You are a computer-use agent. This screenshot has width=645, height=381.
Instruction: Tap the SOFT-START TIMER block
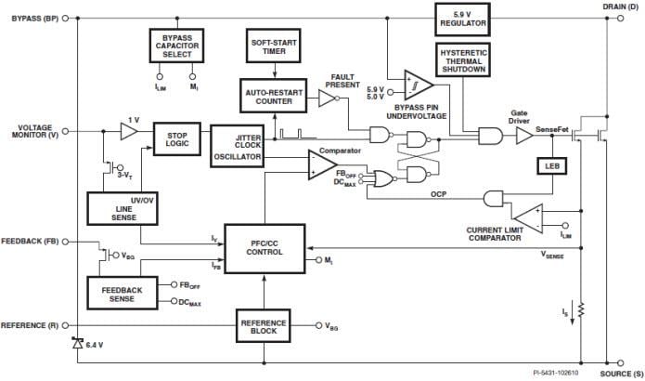pos(272,44)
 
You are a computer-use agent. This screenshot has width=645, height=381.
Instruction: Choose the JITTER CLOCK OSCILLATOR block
pos(236,146)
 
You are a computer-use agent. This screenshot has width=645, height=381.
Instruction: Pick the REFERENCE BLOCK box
pos(264,326)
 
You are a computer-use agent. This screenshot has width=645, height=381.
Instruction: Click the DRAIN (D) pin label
pos(613,7)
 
